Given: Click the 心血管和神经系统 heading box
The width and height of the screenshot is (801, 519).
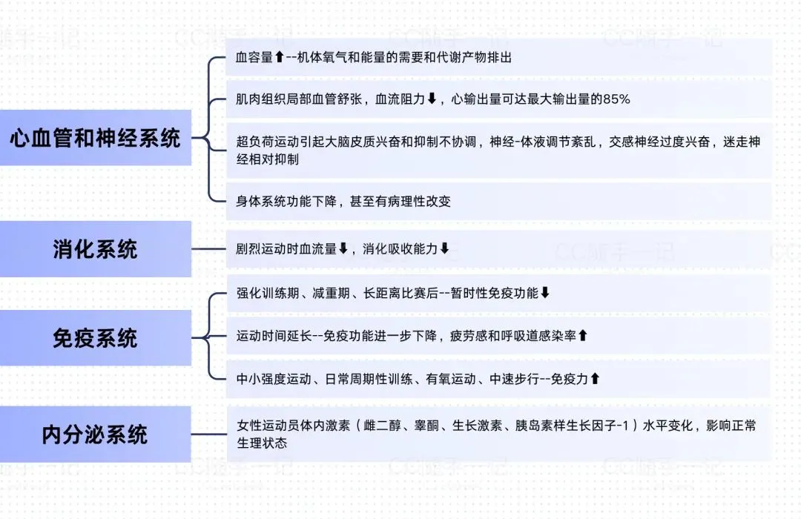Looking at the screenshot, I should (x=95, y=137).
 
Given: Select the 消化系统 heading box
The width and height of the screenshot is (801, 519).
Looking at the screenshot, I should (x=95, y=249).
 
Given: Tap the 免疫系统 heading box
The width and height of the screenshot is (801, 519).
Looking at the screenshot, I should (x=95, y=338).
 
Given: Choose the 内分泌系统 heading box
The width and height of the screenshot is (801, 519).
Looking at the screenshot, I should (x=95, y=434).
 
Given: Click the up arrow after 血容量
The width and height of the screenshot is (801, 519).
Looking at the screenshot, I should (x=279, y=58).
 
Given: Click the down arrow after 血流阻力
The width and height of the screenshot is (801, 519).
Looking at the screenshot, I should (x=432, y=99).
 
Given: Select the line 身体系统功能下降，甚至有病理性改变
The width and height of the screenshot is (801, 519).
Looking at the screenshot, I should (x=343, y=201).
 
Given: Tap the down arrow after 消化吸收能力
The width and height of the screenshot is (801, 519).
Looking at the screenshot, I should (x=444, y=249).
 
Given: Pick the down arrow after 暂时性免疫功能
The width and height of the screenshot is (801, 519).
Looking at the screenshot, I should (x=544, y=293).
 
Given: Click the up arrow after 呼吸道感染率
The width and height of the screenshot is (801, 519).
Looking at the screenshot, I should (x=582, y=336).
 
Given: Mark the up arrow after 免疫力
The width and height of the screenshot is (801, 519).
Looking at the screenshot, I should (x=594, y=379).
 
